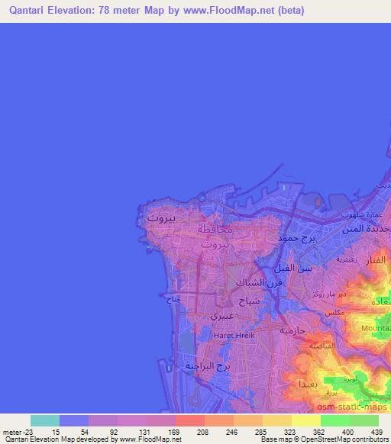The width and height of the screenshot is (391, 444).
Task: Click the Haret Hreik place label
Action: coord(231,333)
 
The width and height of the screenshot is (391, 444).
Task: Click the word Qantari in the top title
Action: coord(24,10)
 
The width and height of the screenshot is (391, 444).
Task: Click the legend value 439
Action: coord(376,431)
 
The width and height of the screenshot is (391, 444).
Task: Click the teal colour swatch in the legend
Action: coord(45,420)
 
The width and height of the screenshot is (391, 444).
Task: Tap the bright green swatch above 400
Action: coord(335,420)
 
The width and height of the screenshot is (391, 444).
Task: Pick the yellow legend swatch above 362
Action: coord(306,420)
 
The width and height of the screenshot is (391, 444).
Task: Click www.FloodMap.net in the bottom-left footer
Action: coord(150,439)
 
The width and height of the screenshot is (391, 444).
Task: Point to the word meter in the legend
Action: coord(11,431)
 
